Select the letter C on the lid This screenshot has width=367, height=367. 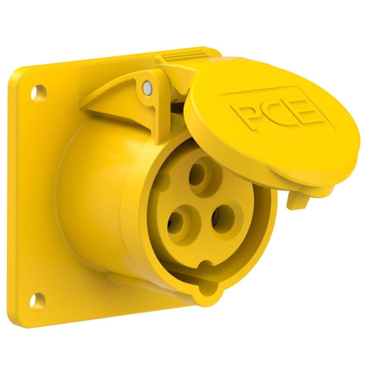[x=275, y=112]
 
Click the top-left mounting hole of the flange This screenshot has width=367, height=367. [x=39, y=92]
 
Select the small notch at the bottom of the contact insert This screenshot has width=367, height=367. [x=206, y=264]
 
